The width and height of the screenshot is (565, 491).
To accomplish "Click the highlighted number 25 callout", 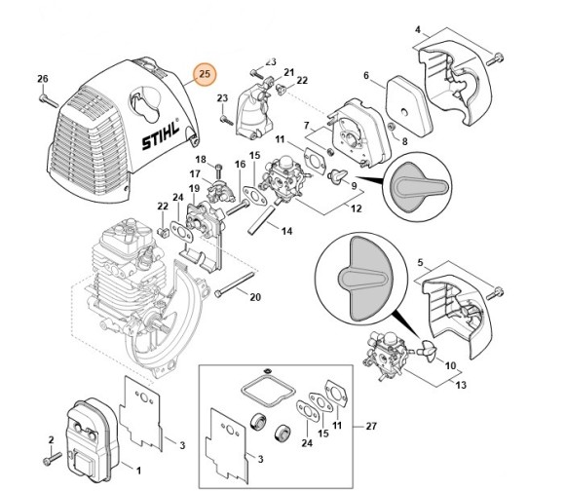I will point(204,75).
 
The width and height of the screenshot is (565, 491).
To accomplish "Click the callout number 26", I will point(42,79).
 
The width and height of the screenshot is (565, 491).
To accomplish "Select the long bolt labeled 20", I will point(233,289).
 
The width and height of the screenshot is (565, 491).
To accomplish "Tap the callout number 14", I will point(287,231).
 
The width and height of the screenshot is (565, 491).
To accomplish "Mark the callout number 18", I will point(201,160).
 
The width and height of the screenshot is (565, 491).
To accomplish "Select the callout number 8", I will point(404,142).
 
